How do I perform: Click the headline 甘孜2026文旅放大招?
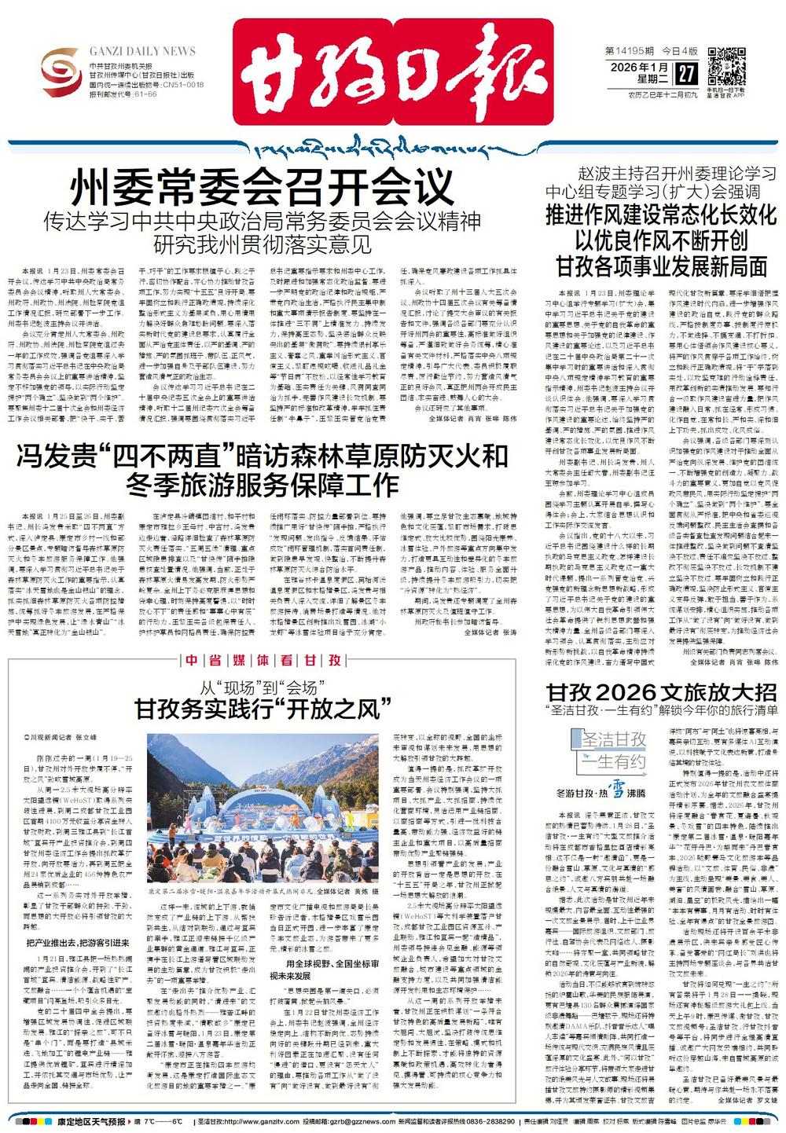[x=661, y=691]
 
